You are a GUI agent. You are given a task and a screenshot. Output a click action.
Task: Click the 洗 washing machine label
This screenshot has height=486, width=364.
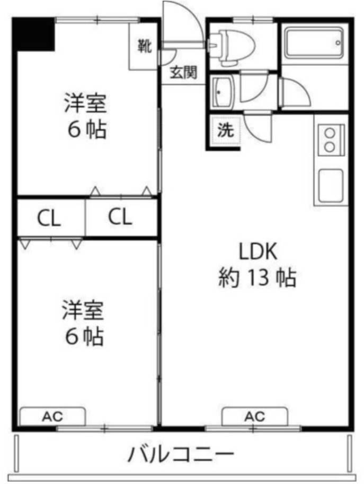[226, 131]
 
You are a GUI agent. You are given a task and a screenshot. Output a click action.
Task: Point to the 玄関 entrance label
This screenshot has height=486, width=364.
[183, 72]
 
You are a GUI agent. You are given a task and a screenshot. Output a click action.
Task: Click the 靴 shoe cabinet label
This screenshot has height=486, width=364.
[145, 46]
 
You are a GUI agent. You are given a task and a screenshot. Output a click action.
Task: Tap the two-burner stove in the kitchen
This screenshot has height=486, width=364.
[331, 139]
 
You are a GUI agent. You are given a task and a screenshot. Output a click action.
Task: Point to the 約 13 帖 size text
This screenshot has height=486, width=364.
[258, 278]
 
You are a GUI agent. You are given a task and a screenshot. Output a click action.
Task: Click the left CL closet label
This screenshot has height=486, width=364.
[49, 218]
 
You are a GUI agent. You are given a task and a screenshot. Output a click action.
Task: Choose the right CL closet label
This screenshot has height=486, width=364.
[120, 218]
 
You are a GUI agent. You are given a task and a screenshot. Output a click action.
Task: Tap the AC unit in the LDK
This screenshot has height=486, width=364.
[254, 416]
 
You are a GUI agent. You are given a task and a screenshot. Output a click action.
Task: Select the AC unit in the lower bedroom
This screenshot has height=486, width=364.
[52, 416]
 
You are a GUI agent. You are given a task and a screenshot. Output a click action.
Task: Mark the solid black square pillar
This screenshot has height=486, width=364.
[34, 34]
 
